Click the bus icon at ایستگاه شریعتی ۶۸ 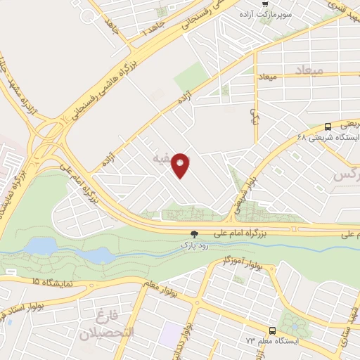[328, 127]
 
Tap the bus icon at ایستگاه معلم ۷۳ [272, 330]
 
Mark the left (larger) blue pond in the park [41, 246]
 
